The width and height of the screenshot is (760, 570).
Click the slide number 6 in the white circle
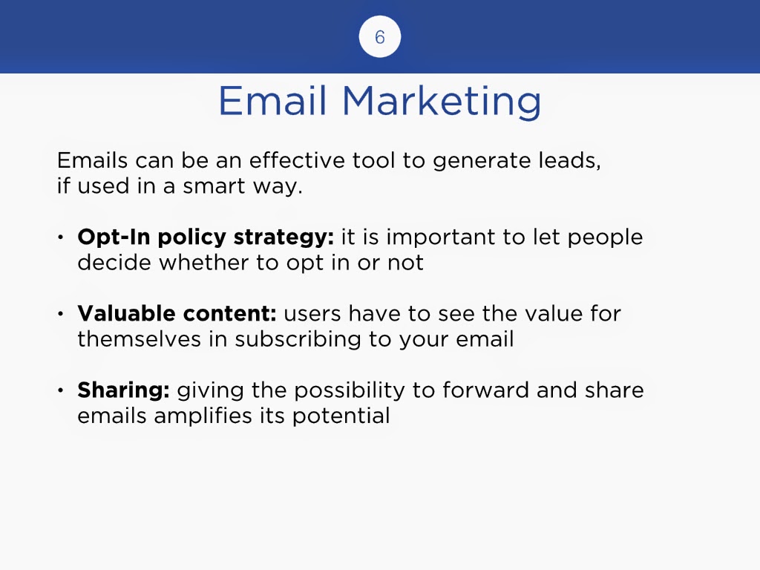click(x=380, y=37)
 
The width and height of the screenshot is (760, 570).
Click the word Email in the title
click(x=272, y=101)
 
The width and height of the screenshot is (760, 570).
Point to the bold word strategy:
click(x=284, y=237)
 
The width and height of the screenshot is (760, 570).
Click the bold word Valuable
click(x=126, y=313)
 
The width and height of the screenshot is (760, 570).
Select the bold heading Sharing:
click(x=124, y=390)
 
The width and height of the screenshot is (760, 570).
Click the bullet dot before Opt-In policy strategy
click(x=61, y=237)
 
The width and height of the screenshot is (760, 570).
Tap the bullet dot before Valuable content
click(x=61, y=314)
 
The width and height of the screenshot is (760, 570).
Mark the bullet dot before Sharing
click(x=61, y=390)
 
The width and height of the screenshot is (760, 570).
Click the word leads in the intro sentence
click(x=569, y=161)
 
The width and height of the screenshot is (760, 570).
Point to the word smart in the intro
click(x=214, y=186)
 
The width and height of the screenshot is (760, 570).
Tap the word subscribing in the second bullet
click(x=298, y=340)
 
